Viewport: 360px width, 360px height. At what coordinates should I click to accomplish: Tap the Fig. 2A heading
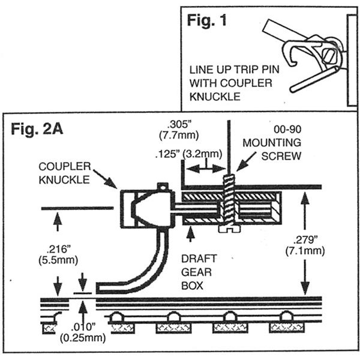38,128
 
